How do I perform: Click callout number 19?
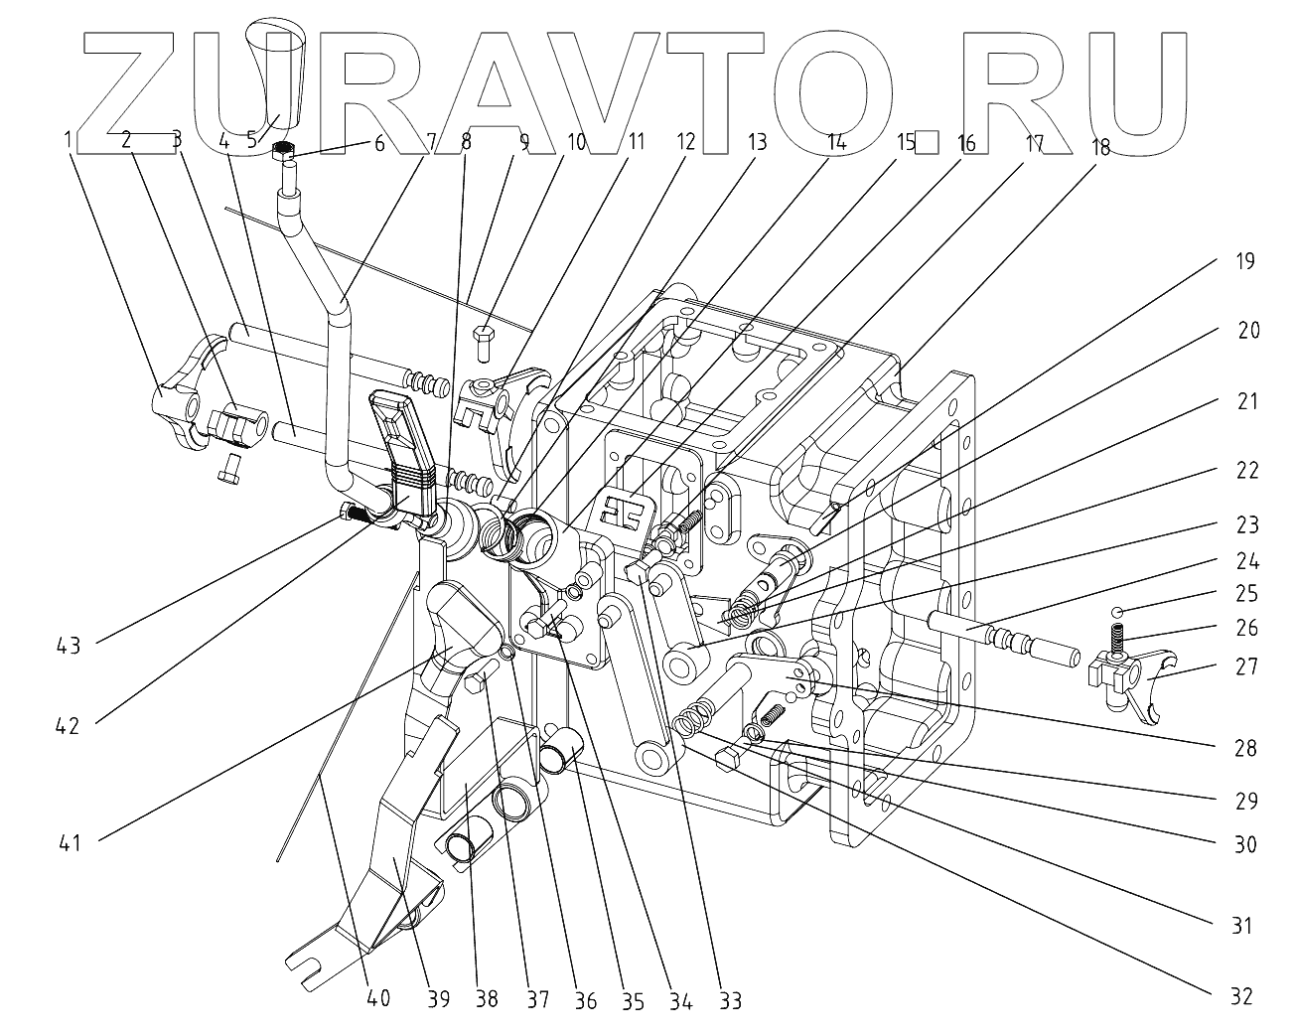click(1244, 262)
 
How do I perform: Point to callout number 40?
click(377, 999)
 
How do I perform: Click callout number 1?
click(69, 140)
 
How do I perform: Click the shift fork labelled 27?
click(1132, 685)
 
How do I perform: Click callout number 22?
click(1245, 470)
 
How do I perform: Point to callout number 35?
click(632, 999)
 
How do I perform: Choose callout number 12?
click(685, 141)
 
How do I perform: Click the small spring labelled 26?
click(1116, 637)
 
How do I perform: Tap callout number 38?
click(486, 999)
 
